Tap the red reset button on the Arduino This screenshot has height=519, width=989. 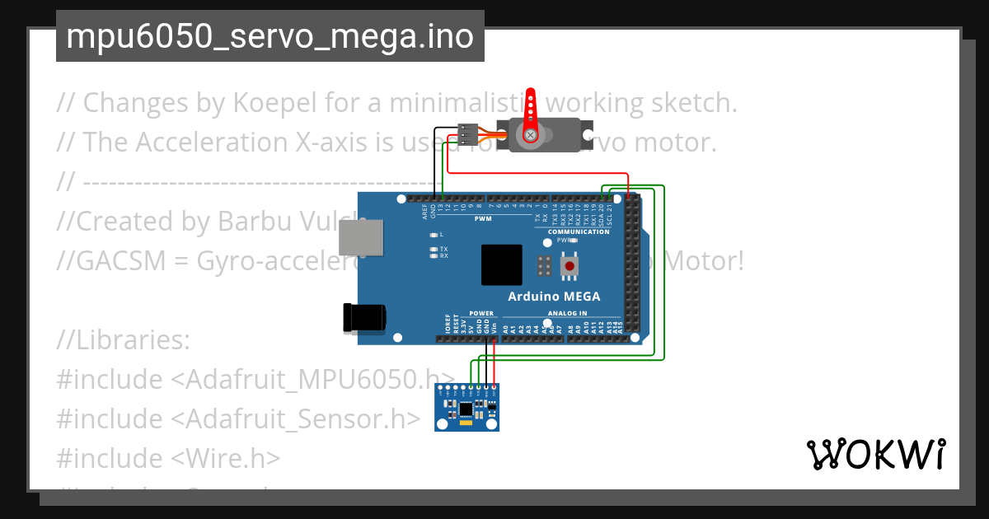569,266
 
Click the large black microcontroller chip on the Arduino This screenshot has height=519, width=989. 501,265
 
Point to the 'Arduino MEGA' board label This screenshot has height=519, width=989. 554,297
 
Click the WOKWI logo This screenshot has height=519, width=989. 875,454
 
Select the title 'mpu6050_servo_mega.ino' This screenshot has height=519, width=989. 270,37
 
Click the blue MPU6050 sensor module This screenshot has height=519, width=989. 467,408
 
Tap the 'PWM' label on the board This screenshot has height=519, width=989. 483,218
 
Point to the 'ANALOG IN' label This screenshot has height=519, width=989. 567,313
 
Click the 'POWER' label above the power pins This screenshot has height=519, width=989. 481,313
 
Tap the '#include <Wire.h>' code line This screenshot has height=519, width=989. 168,458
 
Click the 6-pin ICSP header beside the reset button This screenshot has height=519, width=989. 544,266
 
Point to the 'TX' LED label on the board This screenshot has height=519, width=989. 443,249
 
